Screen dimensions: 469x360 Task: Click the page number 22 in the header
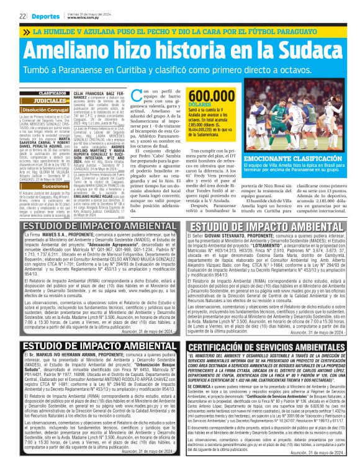(22, 15)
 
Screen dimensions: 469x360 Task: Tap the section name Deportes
(43, 15)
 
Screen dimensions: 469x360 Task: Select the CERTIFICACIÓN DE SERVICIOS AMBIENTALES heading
(267, 347)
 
